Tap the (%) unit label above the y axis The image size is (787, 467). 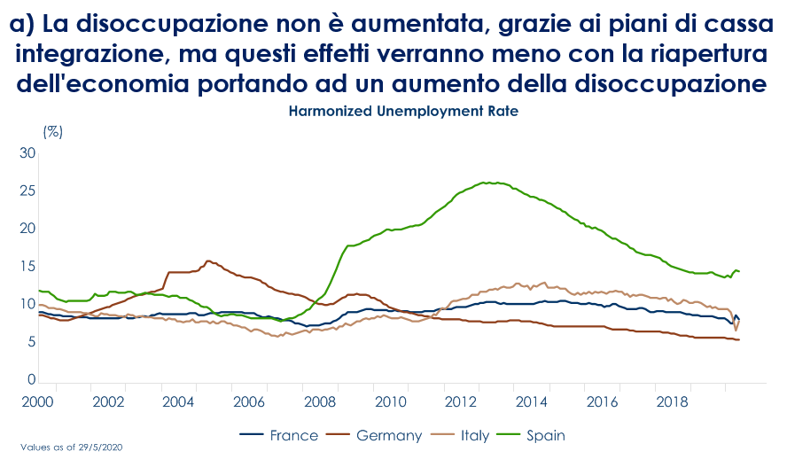coord(53,131)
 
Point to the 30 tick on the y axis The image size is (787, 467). coord(27,153)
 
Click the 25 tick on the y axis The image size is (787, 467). coord(27,191)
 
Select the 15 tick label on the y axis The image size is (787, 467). coord(27,266)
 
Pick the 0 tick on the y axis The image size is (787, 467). coord(31,379)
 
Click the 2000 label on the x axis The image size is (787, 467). coord(38,401)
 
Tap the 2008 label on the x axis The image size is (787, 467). coord(319,401)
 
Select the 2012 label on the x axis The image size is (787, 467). coord(460,401)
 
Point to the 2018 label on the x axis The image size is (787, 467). coord(671,401)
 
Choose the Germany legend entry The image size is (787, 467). coord(376,435)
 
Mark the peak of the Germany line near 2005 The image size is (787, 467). coord(208,261)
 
